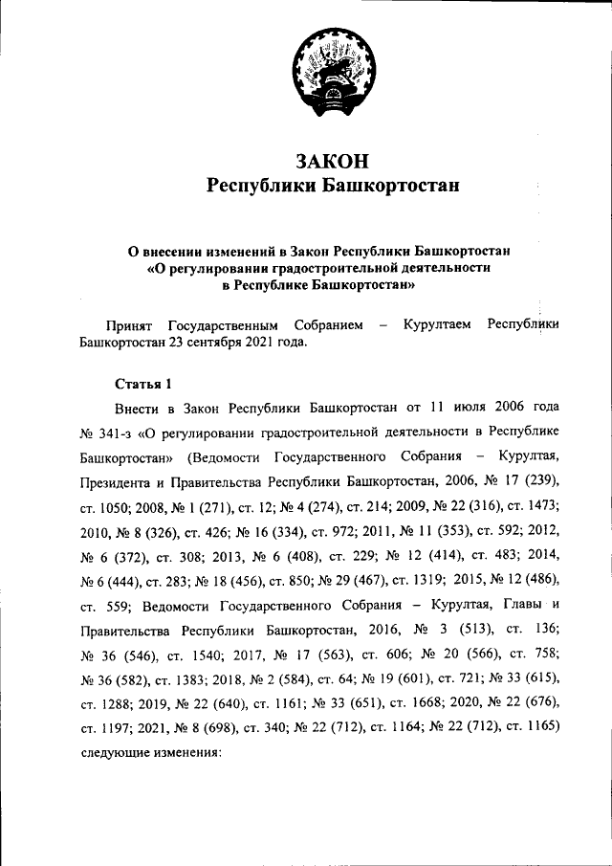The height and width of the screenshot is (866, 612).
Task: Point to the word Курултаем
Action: tap(437, 325)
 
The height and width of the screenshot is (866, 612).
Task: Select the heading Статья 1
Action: tap(143, 385)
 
